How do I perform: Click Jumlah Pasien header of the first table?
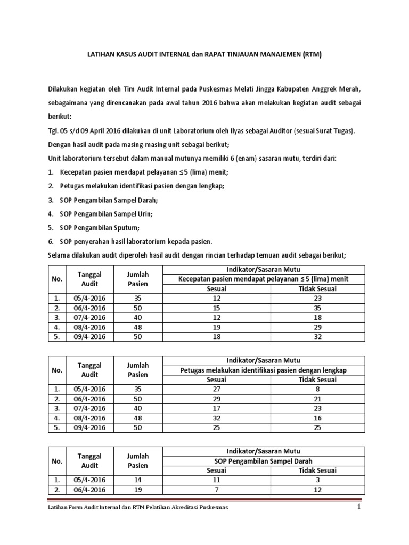point(137,279)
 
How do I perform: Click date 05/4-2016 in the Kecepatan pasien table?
point(89,299)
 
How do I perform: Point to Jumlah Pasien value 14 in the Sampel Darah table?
point(137,480)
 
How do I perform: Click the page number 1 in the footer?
point(359,508)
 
